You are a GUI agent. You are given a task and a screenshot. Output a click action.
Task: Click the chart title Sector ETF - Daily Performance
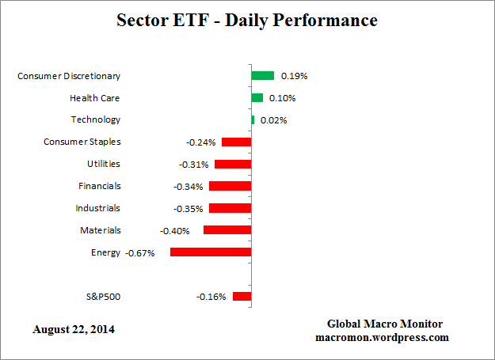click(x=247, y=20)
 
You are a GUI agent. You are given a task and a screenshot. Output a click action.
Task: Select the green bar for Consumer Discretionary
click(x=263, y=76)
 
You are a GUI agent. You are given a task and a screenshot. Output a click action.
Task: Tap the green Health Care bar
click(x=257, y=98)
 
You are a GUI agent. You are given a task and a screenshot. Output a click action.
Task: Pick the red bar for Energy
click(x=211, y=252)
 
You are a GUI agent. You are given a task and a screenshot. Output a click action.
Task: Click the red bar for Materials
click(x=227, y=230)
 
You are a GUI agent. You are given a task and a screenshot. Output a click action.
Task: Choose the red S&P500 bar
click(x=242, y=297)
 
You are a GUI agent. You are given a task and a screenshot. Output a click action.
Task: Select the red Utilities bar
click(x=233, y=165)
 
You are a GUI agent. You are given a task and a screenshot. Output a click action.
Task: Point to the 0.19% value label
click(x=295, y=77)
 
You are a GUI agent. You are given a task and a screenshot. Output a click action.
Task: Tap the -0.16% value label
click(x=211, y=297)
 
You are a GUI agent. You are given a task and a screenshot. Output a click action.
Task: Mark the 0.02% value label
click(x=273, y=120)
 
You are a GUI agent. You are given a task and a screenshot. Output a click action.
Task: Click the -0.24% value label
click(x=200, y=142)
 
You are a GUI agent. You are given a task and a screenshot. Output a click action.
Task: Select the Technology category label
click(x=96, y=119)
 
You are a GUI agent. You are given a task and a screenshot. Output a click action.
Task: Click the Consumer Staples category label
click(x=82, y=142)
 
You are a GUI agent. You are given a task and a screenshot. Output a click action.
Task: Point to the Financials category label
click(x=100, y=186)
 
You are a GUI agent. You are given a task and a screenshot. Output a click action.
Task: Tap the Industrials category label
click(x=98, y=208)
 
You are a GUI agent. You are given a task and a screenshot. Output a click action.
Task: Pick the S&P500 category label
click(x=103, y=297)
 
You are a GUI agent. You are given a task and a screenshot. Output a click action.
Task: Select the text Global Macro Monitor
click(x=385, y=324)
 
